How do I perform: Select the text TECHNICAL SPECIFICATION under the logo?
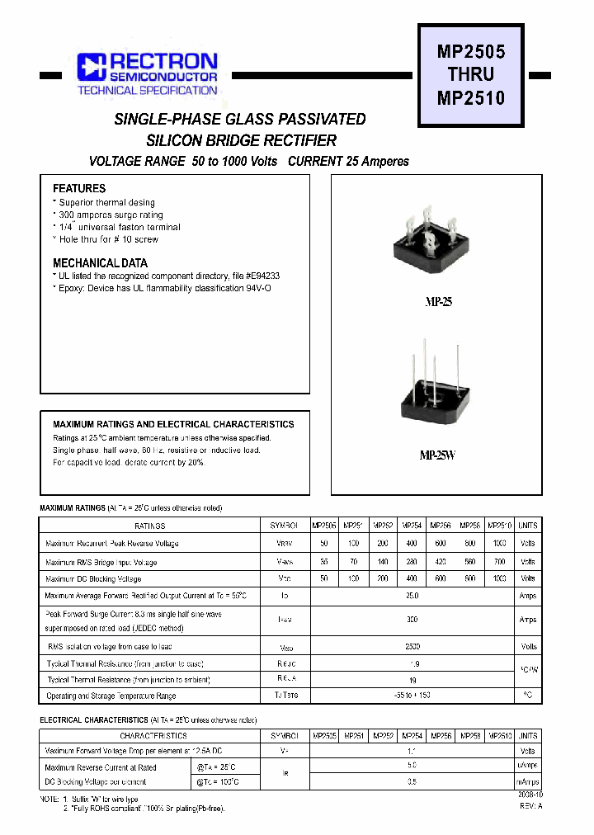coord(148,90)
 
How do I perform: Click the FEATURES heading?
coord(79,188)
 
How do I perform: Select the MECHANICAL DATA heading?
coord(100,263)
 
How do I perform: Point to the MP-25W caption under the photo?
coord(437,455)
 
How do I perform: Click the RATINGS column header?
coord(150,526)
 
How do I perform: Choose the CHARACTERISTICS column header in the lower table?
coord(153,735)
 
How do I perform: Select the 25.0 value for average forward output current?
coord(412,596)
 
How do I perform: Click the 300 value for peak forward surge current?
coord(412,619)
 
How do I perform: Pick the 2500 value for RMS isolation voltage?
coord(412,647)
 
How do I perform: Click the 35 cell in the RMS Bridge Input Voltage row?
coord(323,562)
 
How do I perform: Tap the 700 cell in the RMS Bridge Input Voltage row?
coord(499,562)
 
